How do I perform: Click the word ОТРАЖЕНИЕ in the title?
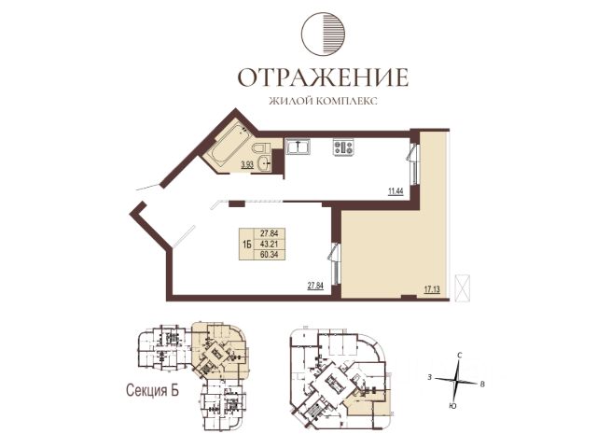(x=323, y=77)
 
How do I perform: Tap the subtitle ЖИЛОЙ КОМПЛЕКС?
(x=323, y=102)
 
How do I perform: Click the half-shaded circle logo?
(x=324, y=34)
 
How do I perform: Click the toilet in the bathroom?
(x=261, y=147)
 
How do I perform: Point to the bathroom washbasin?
(x=263, y=164)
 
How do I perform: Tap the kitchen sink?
(x=298, y=147)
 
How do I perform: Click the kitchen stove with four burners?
(x=344, y=147)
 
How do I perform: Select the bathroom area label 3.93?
(x=246, y=164)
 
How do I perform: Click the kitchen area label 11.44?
(x=396, y=190)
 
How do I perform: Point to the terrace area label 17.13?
(x=432, y=289)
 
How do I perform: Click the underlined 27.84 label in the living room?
(x=315, y=286)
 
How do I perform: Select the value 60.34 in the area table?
(x=270, y=255)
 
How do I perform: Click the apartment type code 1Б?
(x=246, y=244)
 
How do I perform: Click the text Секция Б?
(x=152, y=390)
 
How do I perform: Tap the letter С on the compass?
(x=460, y=356)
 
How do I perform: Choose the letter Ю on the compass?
(x=452, y=406)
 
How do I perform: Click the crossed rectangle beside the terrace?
(x=463, y=287)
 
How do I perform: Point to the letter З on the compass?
(x=429, y=377)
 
